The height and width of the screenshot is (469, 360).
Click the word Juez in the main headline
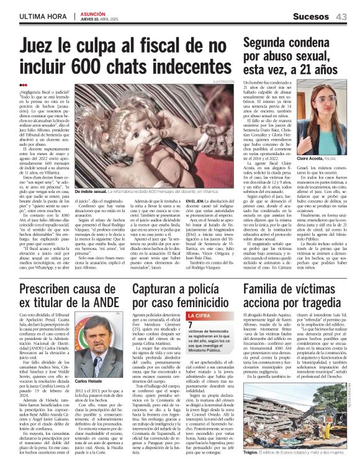pos(40,48)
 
